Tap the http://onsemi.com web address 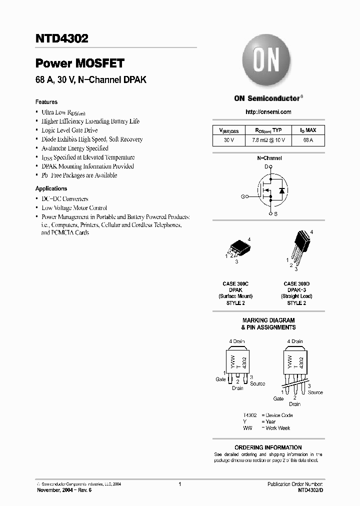pyautogui.click(x=268, y=112)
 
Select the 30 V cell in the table pyautogui.click(x=229, y=140)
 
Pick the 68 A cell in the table pyautogui.click(x=308, y=140)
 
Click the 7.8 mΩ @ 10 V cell pyautogui.click(x=268, y=140)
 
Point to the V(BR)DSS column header pyautogui.click(x=229, y=130)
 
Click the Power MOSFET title pyautogui.click(x=79, y=63)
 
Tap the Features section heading pyautogui.click(x=46, y=101)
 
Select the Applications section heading pyautogui.click(x=51, y=188)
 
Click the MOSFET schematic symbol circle pyautogui.click(x=270, y=190)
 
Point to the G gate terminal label pyautogui.click(x=243, y=197)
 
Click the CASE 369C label pyautogui.click(x=235, y=284)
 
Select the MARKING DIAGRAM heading pyautogui.click(x=268, y=320)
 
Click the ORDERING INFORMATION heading pyautogui.click(x=268, y=447)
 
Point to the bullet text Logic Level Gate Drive pyautogui.click(x=69, y=130)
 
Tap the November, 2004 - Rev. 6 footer pyautogui.click(x=64, y=490)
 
